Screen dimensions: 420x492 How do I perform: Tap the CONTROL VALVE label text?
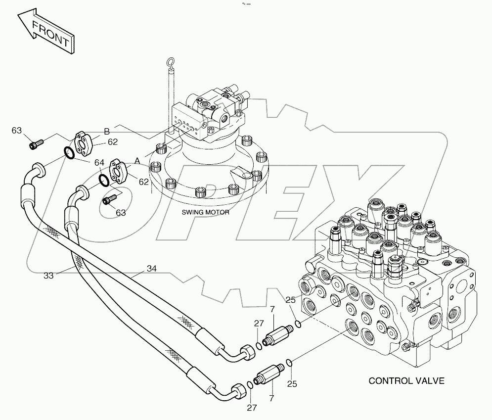406,381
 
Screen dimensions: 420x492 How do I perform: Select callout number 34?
151,269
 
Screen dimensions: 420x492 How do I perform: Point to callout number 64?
99,162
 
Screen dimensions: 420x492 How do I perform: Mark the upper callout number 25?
290,300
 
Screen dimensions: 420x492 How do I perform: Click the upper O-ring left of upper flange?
71,152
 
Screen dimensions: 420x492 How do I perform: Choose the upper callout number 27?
259,324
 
